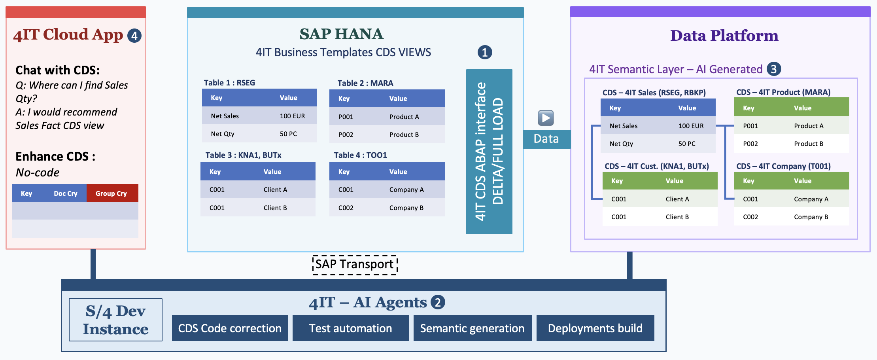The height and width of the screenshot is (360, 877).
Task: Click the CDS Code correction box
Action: pyautogui.click(x=230, y=328)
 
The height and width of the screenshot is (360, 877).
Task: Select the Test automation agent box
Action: pyautogui.click(x=350, y=328)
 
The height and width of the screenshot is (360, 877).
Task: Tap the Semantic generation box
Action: pyautogui.click(x=472, y=328)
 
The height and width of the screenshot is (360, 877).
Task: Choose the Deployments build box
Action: pyautogui.click(x=595, y=328)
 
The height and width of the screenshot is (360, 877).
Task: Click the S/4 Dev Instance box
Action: pyautogui.click(x=115, y=320)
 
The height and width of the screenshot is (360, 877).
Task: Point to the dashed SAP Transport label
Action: pyautogui.click(x=355, y=264)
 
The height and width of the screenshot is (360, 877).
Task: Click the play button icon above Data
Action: pyautogui.click(x=546, y=118)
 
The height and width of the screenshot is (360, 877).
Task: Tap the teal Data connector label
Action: pyautogui.click(x=546, y=139)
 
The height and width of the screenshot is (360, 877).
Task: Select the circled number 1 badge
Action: pyautogui.click(x=485, y=52)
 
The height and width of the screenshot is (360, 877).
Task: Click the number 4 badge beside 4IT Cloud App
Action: pyautogui.click(x=134, y=36)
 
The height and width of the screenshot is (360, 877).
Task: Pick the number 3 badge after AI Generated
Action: pyautogui.click(x=774, y=69)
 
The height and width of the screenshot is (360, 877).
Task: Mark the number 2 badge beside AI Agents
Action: pyautogui.click(x=438, y=302)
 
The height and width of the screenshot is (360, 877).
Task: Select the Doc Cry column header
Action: pyautogui.click(x=66, y=193)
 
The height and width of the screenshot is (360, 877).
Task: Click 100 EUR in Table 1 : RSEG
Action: pyautogui.click(x=292, y=116)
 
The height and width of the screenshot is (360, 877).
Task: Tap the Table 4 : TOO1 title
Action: pyautogui.click(x=360, y=155)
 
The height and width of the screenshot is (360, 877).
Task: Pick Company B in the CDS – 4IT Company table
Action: pyautogui.click(x=811, y=217)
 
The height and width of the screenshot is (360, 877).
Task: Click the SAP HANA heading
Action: pyautogui.click(x=341, y=34)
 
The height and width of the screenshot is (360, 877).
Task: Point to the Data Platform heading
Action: pyautogui.click(x=724, y=36)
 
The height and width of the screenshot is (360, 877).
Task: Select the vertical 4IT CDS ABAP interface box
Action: pyautogui.click(x=489, y=152)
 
